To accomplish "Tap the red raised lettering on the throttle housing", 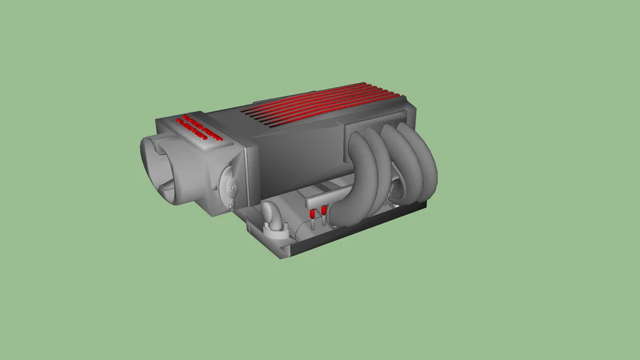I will pos(200,127).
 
